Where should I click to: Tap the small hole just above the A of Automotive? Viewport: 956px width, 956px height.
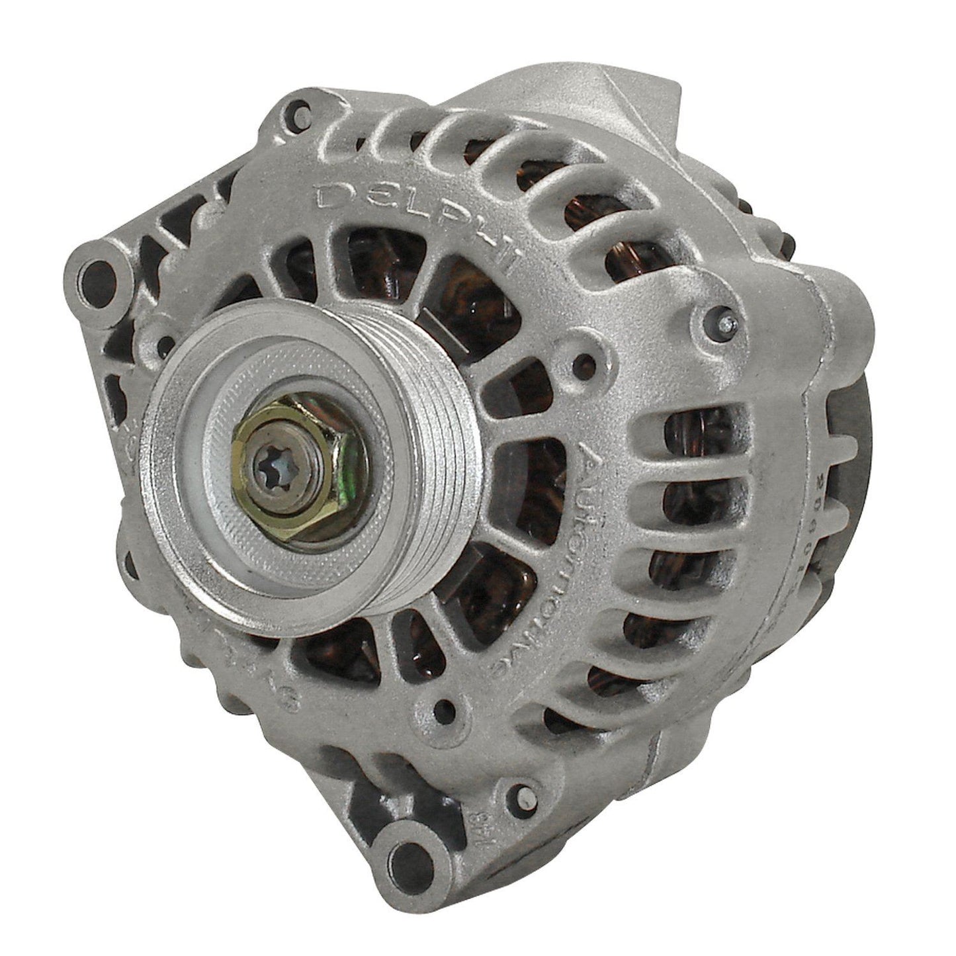pos(582,361)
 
